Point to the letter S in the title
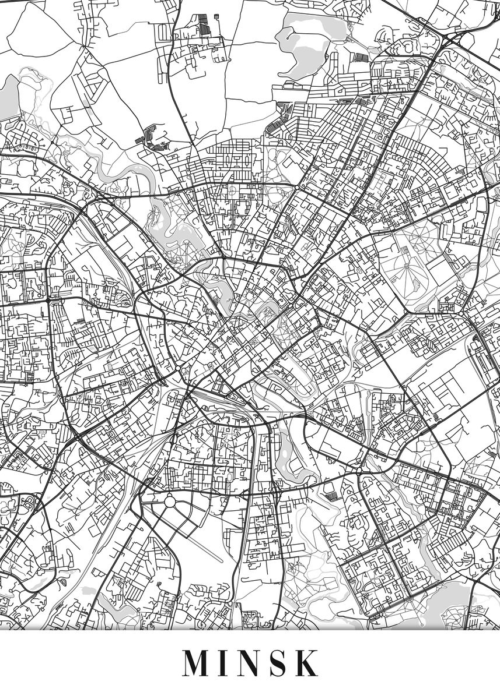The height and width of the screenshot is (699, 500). click(279, 662)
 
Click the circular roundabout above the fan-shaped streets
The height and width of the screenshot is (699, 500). click(169, 500)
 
